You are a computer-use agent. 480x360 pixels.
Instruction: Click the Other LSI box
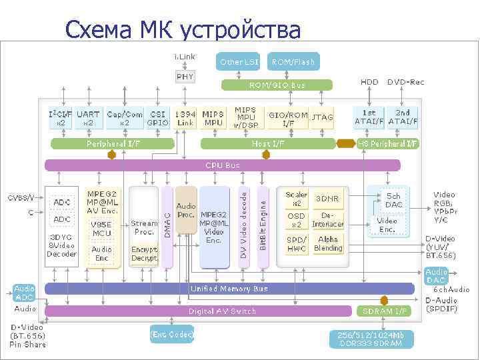coord(239,62)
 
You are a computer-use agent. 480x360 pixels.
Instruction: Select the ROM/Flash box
coord(293,62)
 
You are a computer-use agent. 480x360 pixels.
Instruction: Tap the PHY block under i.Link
coord(185,77)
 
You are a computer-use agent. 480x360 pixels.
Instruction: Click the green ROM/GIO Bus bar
coord(277,85)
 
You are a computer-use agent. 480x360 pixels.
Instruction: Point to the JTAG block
coord(323,118)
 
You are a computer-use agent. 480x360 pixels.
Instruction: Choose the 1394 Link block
coord(185,118)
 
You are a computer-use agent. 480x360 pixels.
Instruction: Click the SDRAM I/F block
coord(384,311)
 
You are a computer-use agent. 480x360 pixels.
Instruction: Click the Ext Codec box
coord(172,334)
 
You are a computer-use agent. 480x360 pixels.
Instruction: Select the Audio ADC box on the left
coord(25,293)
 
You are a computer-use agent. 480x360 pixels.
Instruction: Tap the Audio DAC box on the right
coord(437,276)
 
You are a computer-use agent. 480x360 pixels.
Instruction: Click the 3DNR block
coord(327,199)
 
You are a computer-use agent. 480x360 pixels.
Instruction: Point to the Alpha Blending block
coord(328,244)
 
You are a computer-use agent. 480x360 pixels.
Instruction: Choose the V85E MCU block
coord(102,229)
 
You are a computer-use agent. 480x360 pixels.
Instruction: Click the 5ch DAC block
coord(393,200)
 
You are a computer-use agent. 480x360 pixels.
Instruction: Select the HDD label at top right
coord(369,82)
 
